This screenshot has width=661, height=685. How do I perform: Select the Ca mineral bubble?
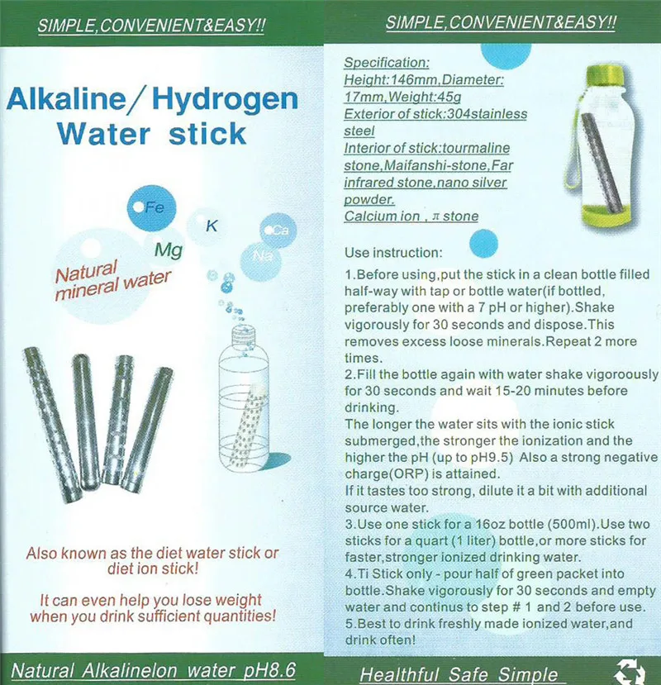click(x=278, y=231)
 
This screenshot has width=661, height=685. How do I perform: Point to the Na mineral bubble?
click(x=264, y=256)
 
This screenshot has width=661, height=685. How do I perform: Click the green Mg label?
click(x=168, y=249)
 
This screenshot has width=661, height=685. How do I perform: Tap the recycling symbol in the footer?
click(x=630, y=672)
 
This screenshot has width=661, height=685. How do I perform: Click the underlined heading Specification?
click(x=386, y=63)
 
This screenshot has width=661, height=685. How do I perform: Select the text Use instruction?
click(x=394, y=250)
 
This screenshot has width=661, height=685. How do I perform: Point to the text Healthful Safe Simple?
click(x=459, y=674)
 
